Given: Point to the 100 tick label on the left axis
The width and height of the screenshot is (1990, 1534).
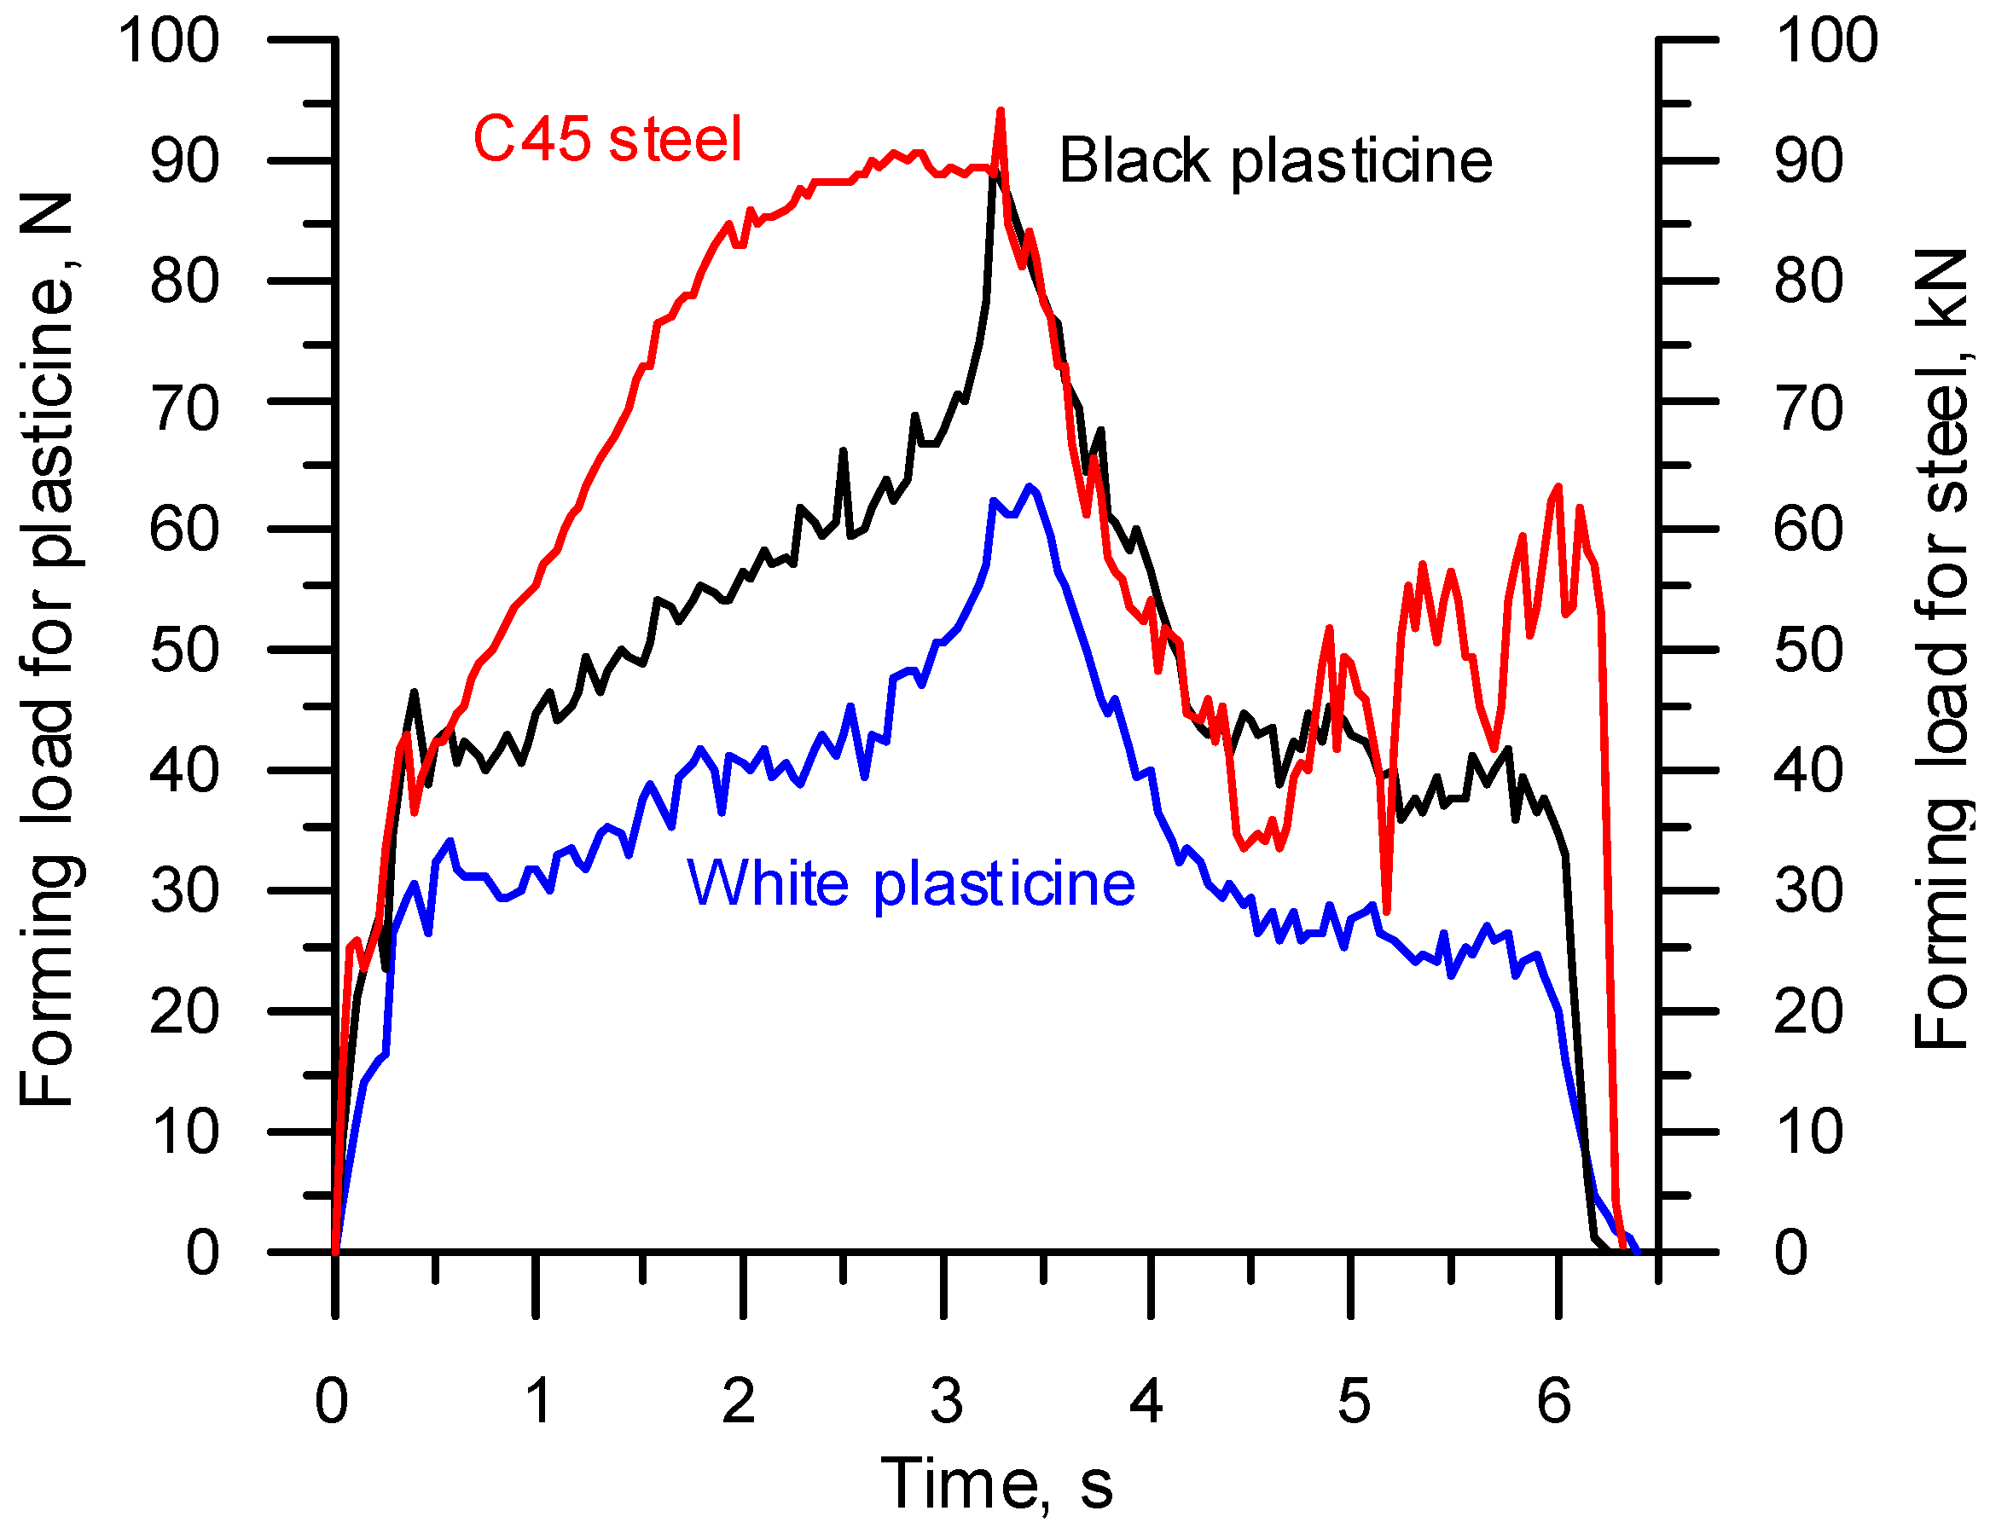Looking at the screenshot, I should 170,41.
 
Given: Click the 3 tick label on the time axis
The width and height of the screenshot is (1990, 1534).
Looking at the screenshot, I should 947,1400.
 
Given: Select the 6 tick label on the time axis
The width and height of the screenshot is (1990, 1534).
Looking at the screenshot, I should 1554,1400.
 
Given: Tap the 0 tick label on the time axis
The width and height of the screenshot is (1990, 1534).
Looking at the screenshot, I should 332,1400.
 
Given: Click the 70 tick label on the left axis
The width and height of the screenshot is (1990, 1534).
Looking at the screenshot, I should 185,409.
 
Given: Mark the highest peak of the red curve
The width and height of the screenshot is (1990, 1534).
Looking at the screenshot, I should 1001,111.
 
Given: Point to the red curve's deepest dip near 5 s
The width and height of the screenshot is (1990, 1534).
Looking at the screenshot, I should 1387,911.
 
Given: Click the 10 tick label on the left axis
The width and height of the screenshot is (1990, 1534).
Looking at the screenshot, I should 185,1133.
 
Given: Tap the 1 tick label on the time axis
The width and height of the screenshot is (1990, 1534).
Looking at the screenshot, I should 539,1400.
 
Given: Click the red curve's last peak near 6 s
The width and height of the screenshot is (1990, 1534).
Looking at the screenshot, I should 1558,488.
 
